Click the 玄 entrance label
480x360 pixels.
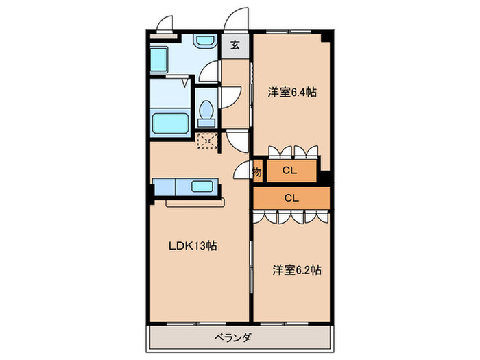[x=235, y=46]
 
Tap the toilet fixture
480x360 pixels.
[x=205, y=113]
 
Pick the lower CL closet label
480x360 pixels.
[x=291, y=198]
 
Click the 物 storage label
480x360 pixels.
[x=256, y=171]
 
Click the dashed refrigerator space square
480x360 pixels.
[x=206, y=141]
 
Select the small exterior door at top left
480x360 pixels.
[x=164, y=25]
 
